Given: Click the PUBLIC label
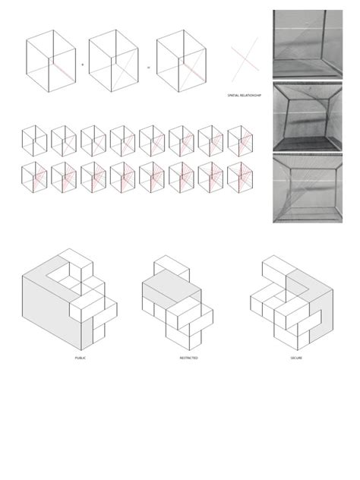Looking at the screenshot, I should pyautogui.click(x=81, y=357).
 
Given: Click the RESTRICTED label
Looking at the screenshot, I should pyautogui.click(x=189, y=357).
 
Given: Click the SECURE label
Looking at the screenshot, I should pyautogui.click(x=295, y=357).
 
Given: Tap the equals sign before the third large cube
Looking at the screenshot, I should pyautogui.click(x=149, y=65).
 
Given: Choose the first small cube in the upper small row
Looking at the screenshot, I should pyautogui.click(x=35, y=140).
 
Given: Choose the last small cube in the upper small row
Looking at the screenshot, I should pyautogui.click(x=242, y=140).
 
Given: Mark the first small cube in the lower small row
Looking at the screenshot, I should pyautogui.click(x=35, y=177).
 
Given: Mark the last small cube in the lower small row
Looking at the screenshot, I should pyautogui.click(x=242, y=177).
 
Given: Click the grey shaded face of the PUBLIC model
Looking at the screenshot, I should pyautogui.click(x=46, y=304).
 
